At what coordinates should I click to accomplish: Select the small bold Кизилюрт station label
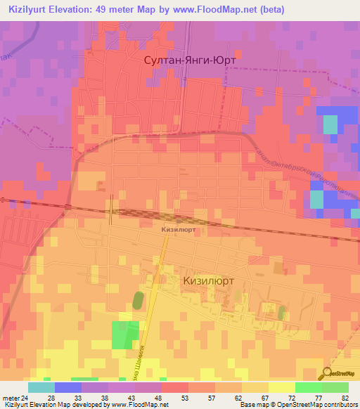[178, 229]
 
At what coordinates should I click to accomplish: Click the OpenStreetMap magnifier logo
[328, 374]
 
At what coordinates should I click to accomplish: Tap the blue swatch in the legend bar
[67, 387]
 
